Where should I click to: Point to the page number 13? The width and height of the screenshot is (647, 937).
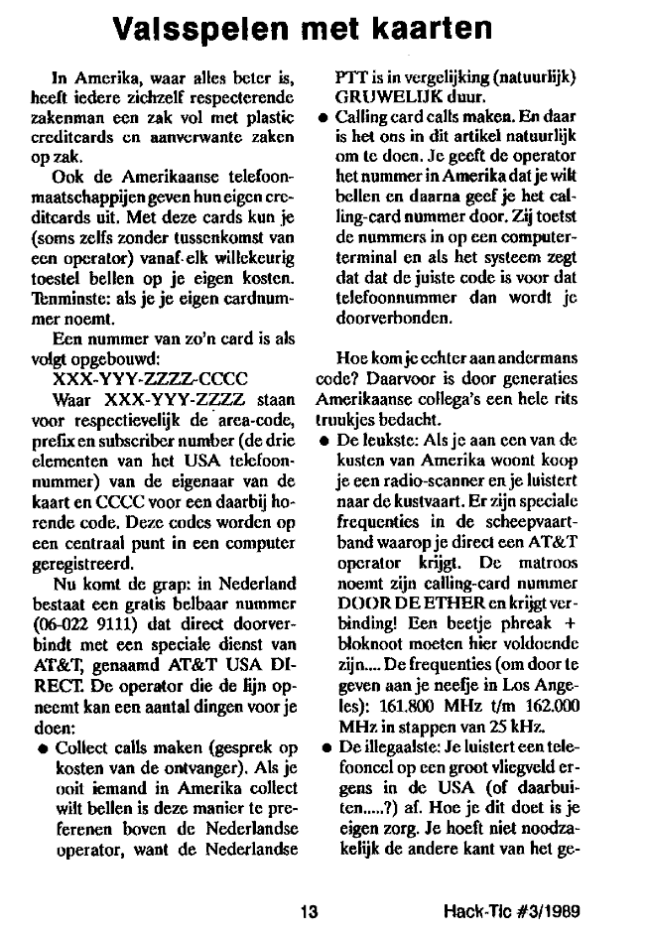click(311, 908)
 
